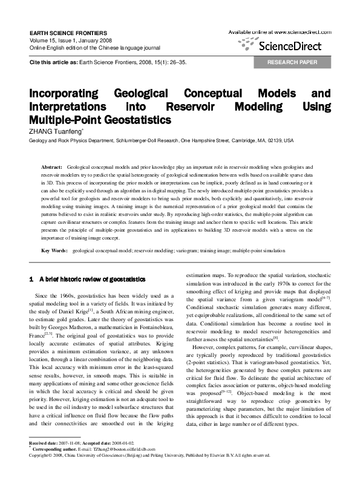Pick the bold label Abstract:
[x=51, y=166]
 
